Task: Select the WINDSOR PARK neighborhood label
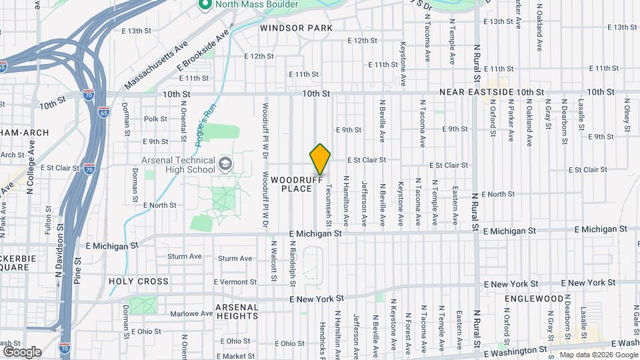coord(296,28)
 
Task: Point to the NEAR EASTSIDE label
coord(476,91)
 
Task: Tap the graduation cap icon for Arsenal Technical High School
coord(225,163)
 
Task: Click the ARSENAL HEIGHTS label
coord(237,311)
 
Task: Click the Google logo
coord(22,351)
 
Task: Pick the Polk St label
coord(155,119)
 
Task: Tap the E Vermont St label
coord(235,282)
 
